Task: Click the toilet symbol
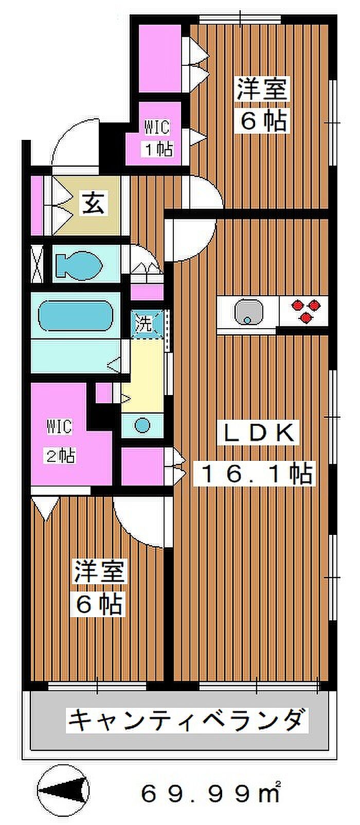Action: click(x=78, y=264)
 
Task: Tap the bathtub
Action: click(x=75, y=316)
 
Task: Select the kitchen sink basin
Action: click(x=248, y=312)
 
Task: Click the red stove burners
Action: click(x=305, y=310)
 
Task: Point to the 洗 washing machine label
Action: click(x=143, y=324)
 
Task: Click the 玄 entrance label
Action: click(x=94, y=203)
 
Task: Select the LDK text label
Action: click(x=259, y=433)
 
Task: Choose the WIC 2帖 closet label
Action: click(x=61, y=441)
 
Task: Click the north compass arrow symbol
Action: click(x=63, y=790)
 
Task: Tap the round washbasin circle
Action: click(x=142, y=426)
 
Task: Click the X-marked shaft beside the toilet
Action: click(x=37, y=263)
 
